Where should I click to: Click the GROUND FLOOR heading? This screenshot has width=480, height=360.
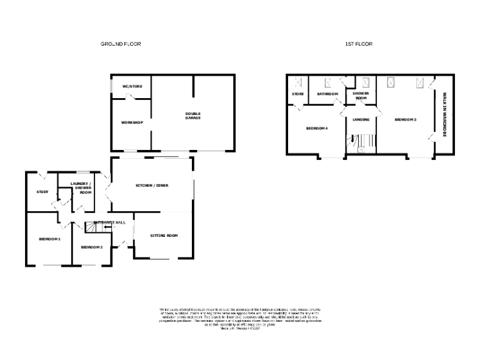(121, 44)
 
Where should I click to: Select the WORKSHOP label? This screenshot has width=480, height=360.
(132, 122)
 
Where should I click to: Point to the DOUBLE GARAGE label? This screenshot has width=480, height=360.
(192, 116)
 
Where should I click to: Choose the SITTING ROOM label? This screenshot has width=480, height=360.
(164, 236)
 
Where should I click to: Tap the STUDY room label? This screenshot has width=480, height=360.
(42, 192)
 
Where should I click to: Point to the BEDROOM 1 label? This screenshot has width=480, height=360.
(49, 239)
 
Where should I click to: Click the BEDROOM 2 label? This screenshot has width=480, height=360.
(92, 247)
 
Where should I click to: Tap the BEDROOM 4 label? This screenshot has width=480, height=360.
(317, 129)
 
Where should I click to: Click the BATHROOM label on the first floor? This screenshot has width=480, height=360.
(327, 94)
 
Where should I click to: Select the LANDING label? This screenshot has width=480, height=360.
(361, 119)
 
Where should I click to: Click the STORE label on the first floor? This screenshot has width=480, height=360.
(297, 94)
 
